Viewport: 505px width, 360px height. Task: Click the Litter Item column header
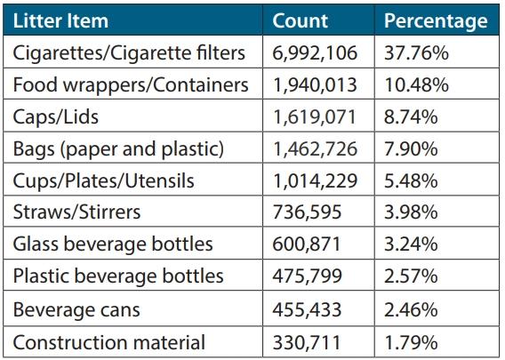[x=61, y=20]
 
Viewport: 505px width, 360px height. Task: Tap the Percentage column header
[x=435, y=20]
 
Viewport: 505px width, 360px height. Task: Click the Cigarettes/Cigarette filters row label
[x=129, y=53]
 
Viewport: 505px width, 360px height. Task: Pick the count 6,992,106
[x=315, y=53]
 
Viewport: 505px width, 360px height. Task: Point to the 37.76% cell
[x=416, y=53]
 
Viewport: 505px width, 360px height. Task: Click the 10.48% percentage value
[x=416, y=85]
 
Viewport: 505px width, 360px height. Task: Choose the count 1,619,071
[x=315, y=117]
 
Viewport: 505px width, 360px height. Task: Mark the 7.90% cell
[x=412, y=149]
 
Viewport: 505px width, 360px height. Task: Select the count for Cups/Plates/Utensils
[x=315, y=181]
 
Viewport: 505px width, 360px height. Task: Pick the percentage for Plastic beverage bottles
[x=412, y=277]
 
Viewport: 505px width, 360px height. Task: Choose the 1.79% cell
[x=412, y=341]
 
